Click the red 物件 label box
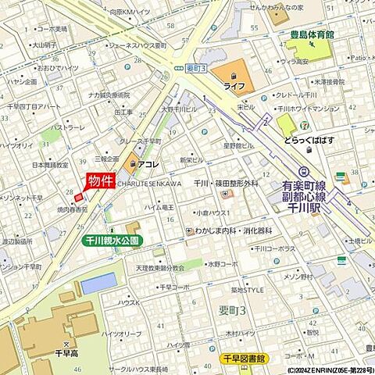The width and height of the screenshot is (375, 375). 101,180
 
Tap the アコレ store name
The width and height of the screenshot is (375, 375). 148,165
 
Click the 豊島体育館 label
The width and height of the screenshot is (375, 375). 308,35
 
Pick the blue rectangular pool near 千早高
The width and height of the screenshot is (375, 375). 98,283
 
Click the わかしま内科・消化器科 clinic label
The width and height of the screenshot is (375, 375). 233,230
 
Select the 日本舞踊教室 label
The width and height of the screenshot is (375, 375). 50,165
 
